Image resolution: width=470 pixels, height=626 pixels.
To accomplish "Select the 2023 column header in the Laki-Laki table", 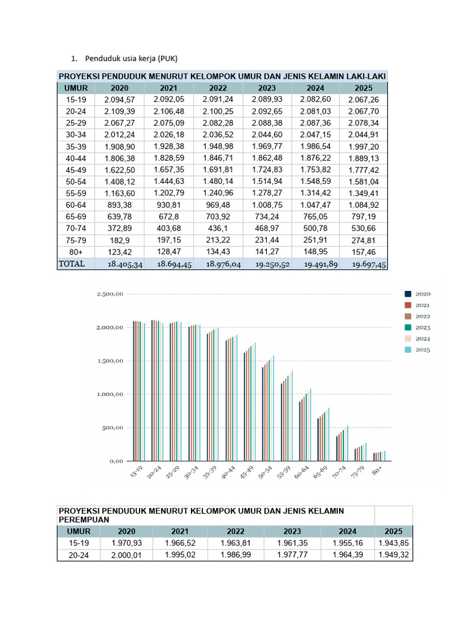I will (267, 88).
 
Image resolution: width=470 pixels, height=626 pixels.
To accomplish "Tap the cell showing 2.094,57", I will (119, 100).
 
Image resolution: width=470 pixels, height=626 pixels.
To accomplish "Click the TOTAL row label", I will (72, 263).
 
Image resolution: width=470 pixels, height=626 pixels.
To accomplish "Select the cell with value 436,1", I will (218, 227).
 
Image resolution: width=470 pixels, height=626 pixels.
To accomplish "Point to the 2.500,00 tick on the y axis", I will (111, 294).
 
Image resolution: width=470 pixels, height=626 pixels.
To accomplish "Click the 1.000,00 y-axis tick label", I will (111, 394).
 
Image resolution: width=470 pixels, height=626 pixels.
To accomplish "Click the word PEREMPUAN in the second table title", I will (83, 519).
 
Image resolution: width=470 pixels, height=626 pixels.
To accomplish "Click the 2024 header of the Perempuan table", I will (348, 531).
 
